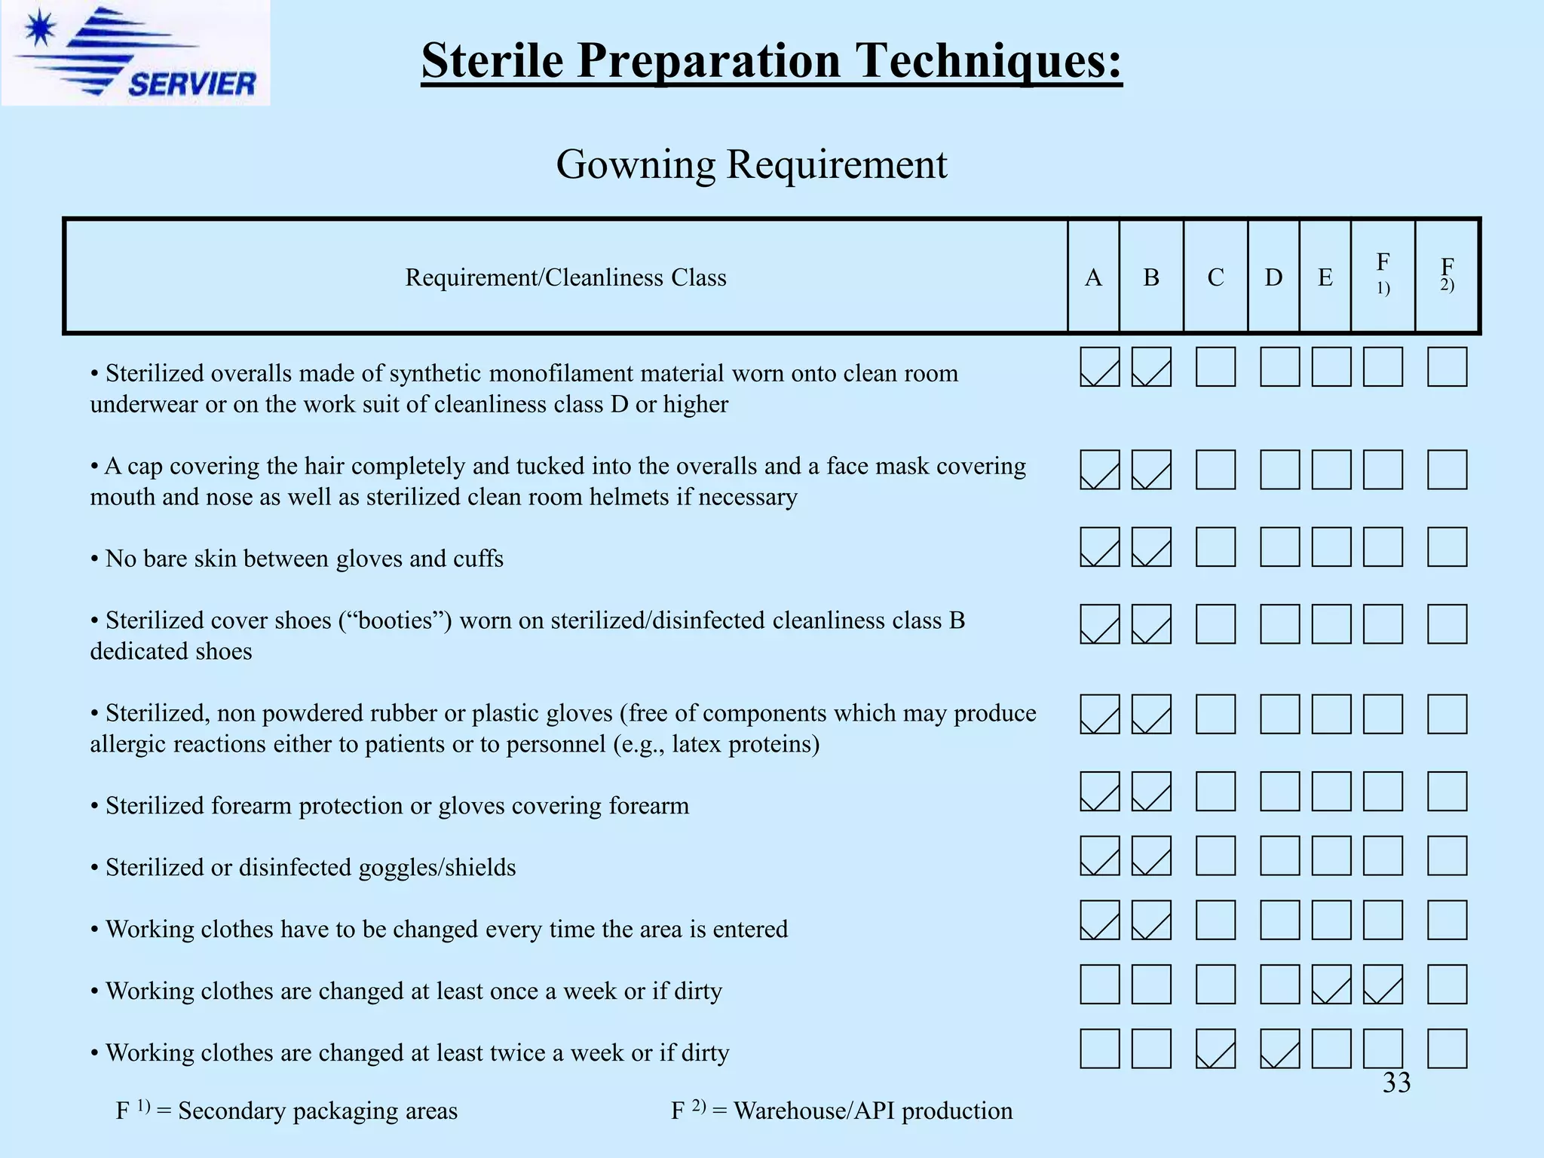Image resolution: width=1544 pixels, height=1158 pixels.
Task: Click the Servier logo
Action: point(136,53)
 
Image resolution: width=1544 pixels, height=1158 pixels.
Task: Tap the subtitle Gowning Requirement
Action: point(751,164)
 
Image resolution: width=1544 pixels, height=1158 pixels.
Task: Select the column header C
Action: point(1215,277)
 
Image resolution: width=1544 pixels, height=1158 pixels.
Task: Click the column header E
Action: point(1325,277)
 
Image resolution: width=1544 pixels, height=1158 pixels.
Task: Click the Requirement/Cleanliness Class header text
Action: point(565,277)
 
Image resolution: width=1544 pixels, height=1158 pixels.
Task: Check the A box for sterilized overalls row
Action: point(1099,366)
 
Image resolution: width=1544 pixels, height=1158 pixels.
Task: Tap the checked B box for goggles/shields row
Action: point(1151,856)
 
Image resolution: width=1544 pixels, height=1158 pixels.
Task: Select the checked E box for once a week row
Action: point(1331,984)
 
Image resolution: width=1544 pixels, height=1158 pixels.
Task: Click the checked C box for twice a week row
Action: point(1215,1049)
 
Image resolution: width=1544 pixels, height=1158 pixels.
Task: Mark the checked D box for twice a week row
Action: point(1279,1049)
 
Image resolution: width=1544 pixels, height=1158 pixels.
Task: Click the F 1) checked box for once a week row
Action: point(1383,984)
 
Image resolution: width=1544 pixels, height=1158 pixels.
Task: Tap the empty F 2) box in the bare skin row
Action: point(1447,547)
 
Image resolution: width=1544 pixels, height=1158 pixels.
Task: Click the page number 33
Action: point(1396,1083)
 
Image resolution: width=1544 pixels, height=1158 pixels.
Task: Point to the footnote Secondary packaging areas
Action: point(317,1111)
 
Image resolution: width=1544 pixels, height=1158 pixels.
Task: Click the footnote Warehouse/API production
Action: point(872,1111)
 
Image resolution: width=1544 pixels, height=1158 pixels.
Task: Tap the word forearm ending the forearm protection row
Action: point(648,806)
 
